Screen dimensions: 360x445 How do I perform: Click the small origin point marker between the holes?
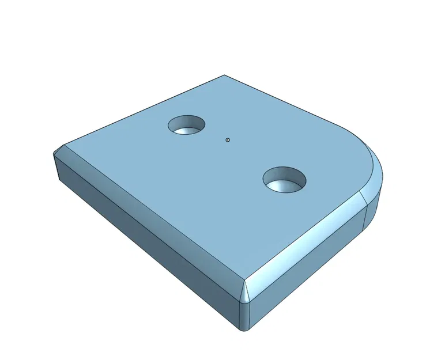coord(228,139)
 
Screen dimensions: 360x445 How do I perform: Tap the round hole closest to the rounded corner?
coord(285,180)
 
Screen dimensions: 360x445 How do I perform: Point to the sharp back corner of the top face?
coord(224,75)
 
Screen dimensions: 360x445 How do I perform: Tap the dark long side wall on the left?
coord(144,242)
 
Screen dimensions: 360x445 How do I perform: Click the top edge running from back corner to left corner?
coord(144,109)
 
